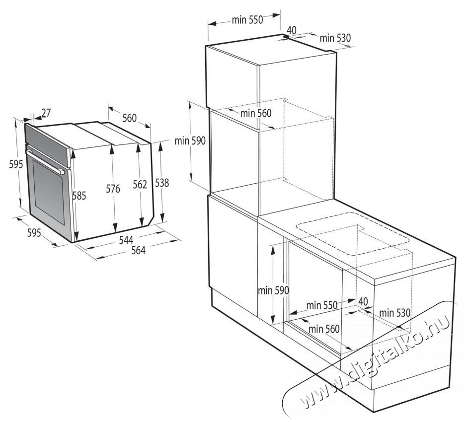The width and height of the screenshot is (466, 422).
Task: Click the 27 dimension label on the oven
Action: [46, 113]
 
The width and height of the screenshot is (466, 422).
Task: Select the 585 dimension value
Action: [78, 196]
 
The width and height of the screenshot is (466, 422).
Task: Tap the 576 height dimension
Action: [113, 188]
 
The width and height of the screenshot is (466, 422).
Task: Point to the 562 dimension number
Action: [140, 185]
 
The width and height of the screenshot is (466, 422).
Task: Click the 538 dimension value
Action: [162, 183]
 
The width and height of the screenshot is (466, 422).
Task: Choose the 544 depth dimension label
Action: [126, 240]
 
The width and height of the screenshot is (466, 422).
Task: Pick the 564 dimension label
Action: [138, 251]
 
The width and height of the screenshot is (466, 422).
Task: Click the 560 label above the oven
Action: [129, 118]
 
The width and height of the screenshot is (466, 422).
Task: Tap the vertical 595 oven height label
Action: [15, 164]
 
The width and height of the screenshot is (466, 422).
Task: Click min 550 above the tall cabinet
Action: [246, 20]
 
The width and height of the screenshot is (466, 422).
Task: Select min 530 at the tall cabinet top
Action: [335, 37]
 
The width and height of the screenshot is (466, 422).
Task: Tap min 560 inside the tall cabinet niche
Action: [256, 113]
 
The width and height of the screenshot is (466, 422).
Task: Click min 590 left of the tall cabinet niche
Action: [190, 141]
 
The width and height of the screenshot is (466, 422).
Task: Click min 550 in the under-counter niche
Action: [322, 305]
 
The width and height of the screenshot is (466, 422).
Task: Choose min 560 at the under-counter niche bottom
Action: [323, 328]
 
